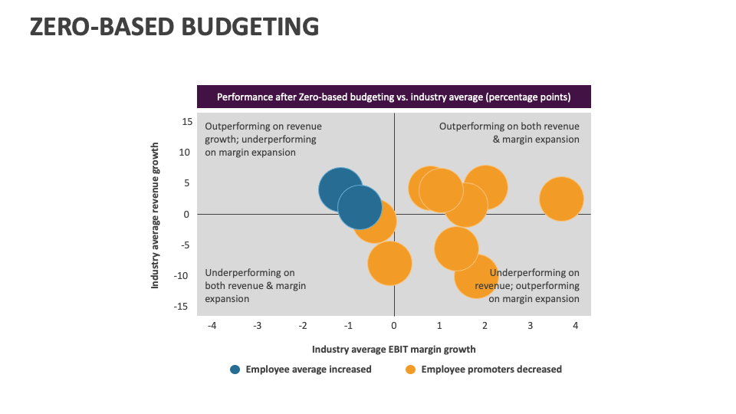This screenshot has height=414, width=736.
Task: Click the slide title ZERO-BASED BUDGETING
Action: [x=174, y=27]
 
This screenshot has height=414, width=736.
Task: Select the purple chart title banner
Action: [x=394, y=97]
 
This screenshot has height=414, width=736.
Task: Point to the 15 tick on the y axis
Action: [x=186, y=121]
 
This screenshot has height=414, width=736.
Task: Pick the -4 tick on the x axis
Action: [x=212, y=325]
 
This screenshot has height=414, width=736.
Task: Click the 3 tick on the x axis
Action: [x=530, y=325]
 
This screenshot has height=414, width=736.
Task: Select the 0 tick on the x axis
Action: [x=394, y=325]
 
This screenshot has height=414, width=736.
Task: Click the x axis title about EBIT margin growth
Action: [x=393, y=350]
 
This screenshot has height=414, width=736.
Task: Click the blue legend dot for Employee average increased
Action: [x=235, y=370]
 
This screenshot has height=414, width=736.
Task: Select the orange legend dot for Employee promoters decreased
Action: [x=411, y=370]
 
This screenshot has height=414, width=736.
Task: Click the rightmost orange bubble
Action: [x=561, y=199]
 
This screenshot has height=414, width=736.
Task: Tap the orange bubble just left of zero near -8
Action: [x=390, y=263]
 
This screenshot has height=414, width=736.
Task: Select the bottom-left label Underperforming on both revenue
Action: [x=255, y=285]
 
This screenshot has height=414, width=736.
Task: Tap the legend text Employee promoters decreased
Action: [x=491, y=370]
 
